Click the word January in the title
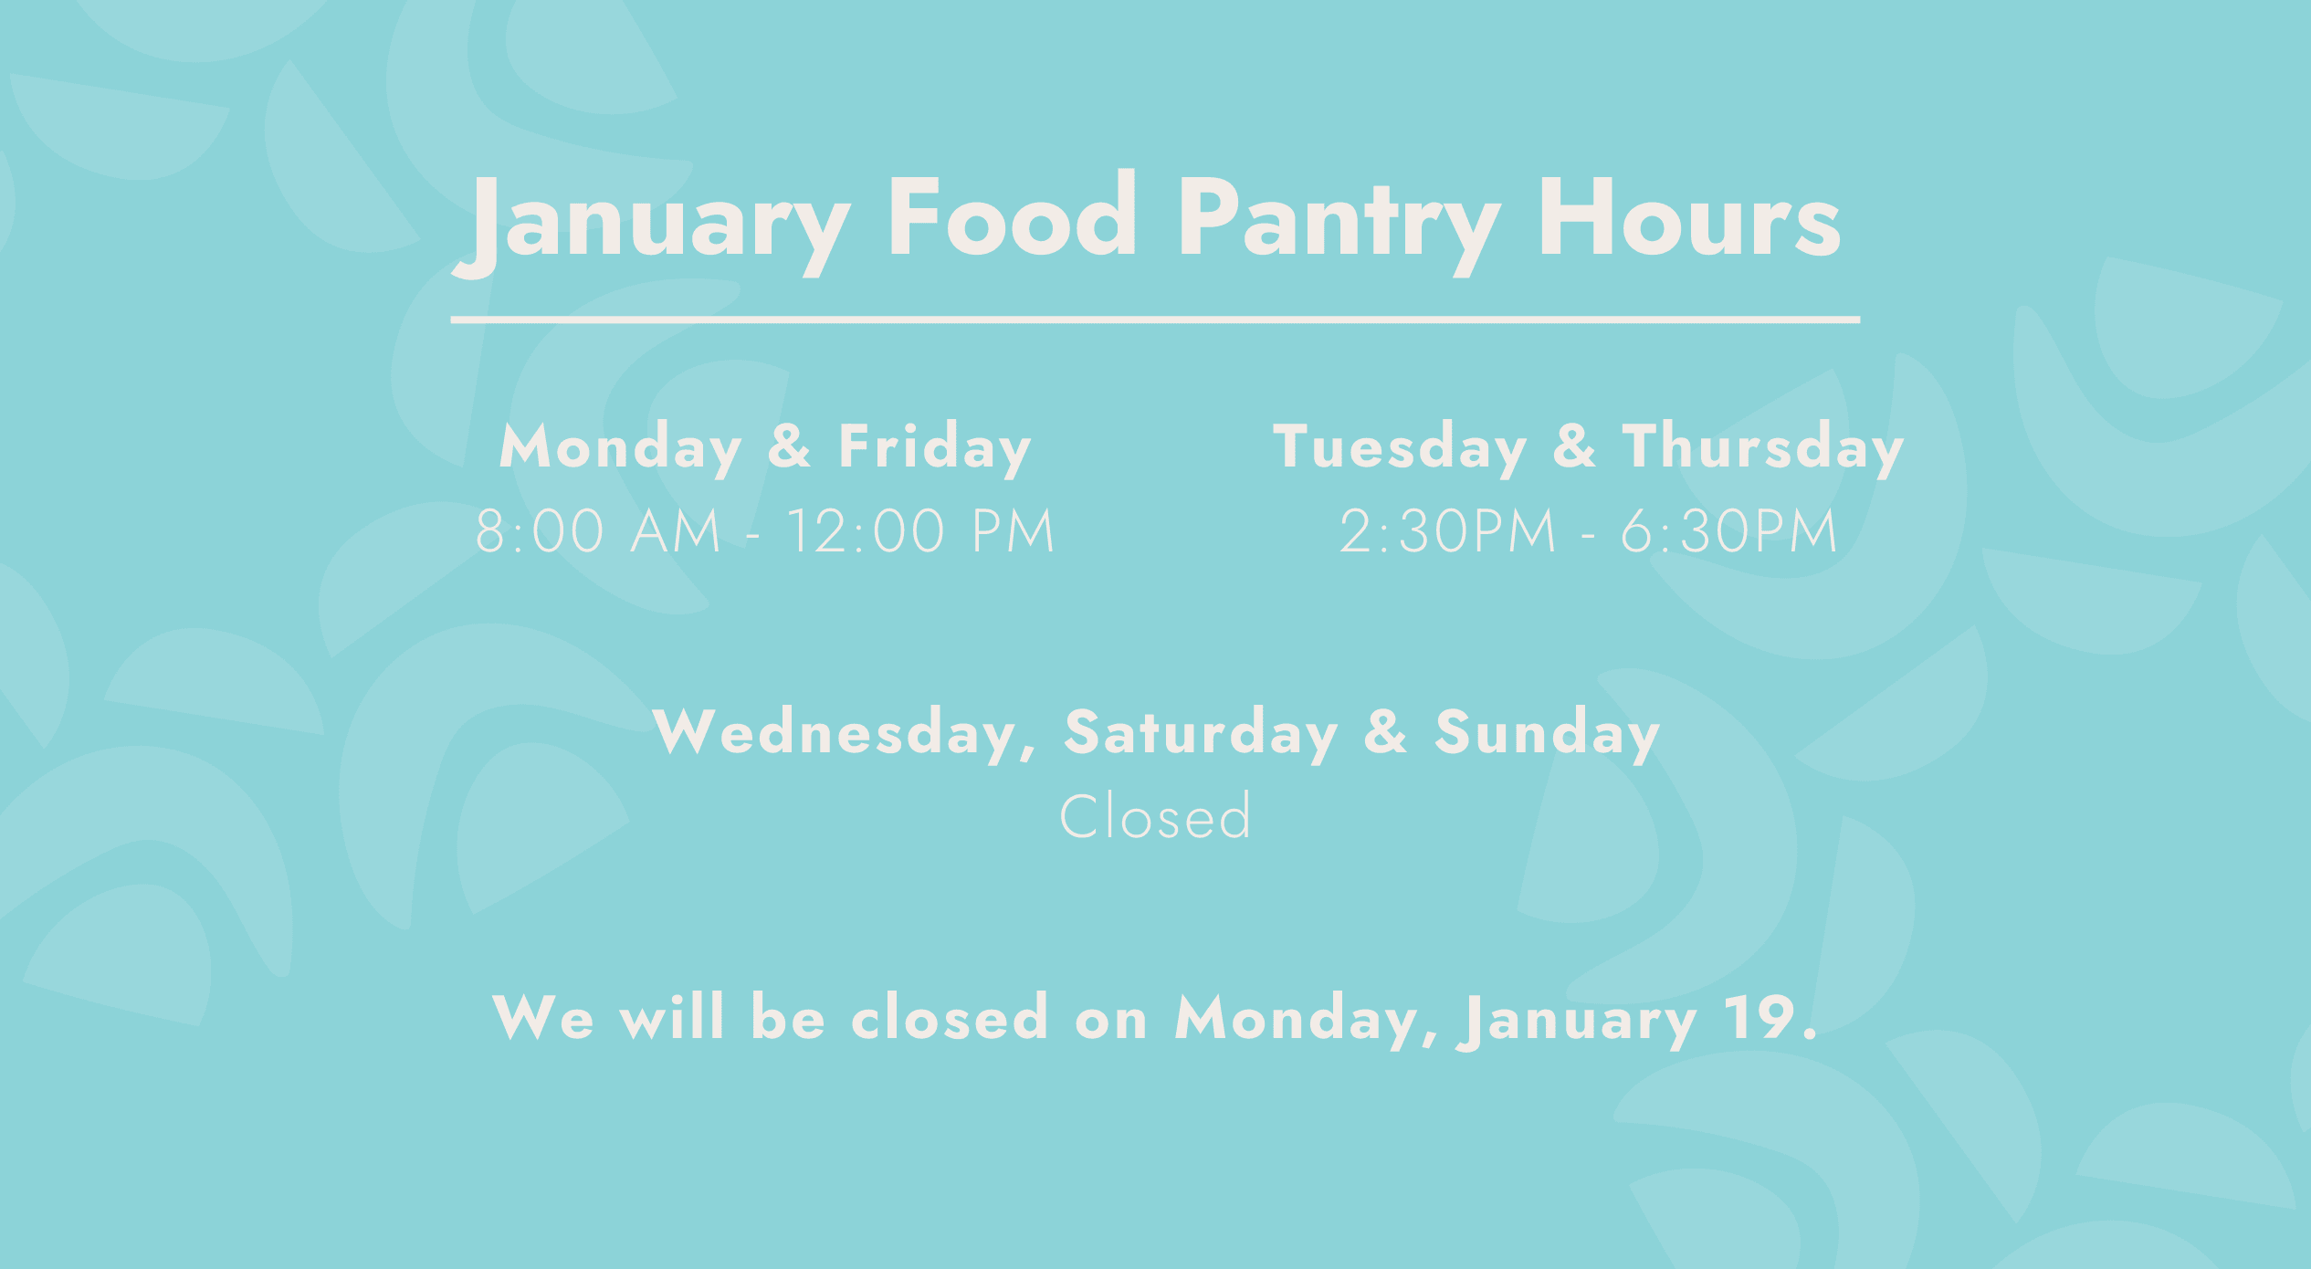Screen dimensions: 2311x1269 tap(652, 225)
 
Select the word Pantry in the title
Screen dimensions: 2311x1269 tap(1339, 225)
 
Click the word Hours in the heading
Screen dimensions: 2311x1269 tap(1689, 217)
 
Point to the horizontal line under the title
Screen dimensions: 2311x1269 tap(1155, 320)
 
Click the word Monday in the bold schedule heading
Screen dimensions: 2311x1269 tap(620, 448)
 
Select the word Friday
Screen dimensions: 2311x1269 tap(935, 448)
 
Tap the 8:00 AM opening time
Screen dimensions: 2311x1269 tap(598, 531)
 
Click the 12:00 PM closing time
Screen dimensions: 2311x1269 tap(920, 531)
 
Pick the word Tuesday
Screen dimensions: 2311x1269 tap(1400, 448)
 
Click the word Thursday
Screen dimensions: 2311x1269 tap(1763, 448)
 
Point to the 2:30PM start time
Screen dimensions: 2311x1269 tap(1447, 531)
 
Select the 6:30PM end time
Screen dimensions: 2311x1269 tap(1728, 531)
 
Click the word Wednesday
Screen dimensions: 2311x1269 tap(846, 732)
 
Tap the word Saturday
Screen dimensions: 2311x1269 tap(1201, 732)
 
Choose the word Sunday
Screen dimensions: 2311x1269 tap(1547, 732)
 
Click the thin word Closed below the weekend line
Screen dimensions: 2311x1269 tap(1155, 815)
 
